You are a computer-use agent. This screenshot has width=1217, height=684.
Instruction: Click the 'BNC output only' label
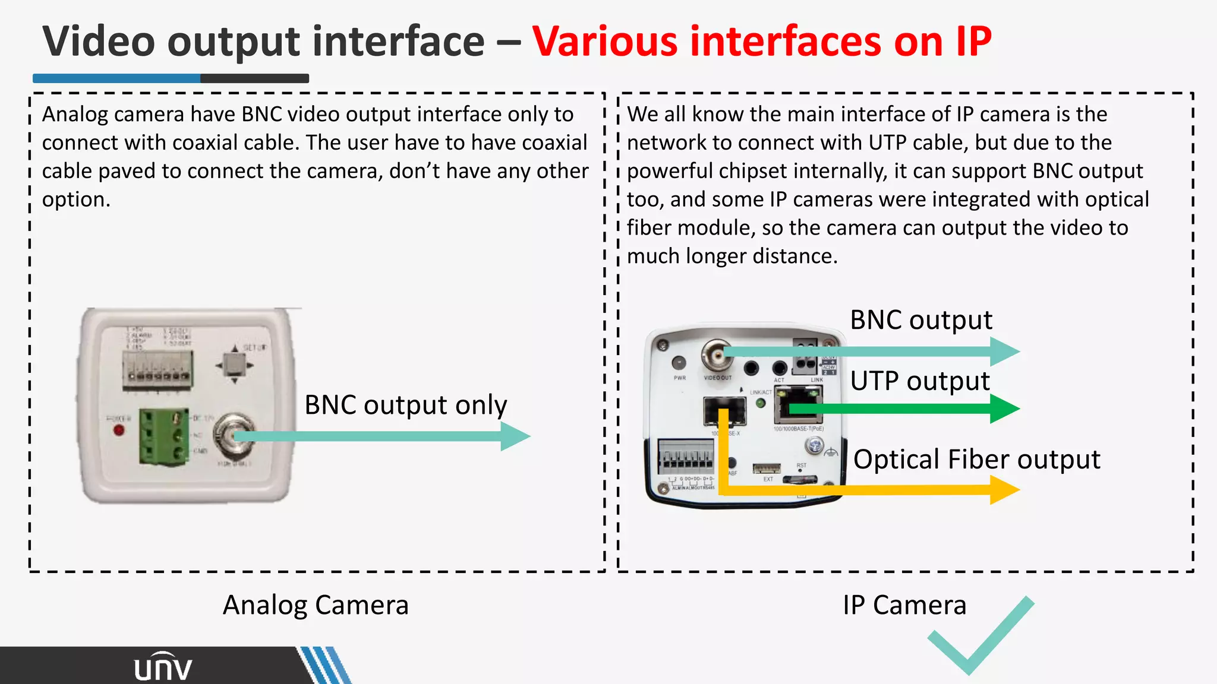(406, 406)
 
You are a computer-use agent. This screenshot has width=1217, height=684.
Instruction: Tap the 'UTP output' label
(920, 381)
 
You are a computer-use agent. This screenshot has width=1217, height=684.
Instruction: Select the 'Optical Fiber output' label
(976, 460)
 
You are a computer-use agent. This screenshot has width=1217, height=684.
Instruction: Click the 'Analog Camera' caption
(316, 606)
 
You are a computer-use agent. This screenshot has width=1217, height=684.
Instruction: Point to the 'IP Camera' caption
(904, 606)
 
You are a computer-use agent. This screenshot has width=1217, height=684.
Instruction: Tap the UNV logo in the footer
(163, 667)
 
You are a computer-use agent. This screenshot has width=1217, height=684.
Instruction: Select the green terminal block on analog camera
(164, 436)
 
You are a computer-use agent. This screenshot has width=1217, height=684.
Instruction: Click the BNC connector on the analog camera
(235, 435)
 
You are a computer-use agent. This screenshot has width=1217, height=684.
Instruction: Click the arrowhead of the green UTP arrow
(1005, 408)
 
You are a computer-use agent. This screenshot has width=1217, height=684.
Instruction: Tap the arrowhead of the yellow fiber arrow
(1005, 490)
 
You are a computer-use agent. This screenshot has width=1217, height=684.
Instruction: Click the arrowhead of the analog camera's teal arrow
(515, 436)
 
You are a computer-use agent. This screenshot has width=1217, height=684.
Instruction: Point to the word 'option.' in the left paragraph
(76, 199)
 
